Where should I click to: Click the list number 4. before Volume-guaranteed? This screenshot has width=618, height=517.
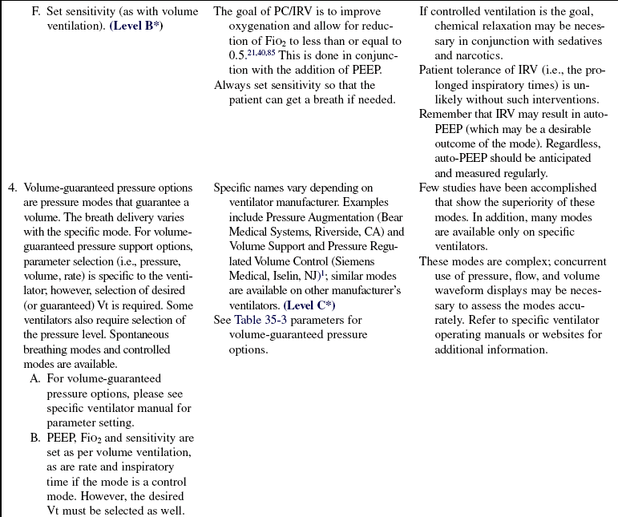click(13, 189)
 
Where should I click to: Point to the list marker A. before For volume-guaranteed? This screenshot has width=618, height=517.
click(35, 378)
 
